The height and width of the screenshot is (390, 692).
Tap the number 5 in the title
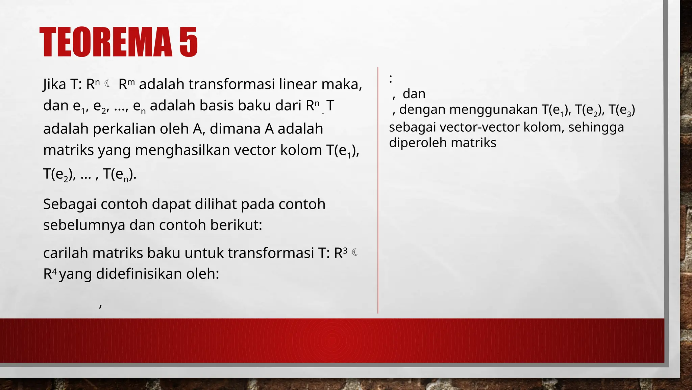(188, 42)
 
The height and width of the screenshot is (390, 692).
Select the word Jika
(54, 84)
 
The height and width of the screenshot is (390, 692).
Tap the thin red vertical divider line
(378, 190)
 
